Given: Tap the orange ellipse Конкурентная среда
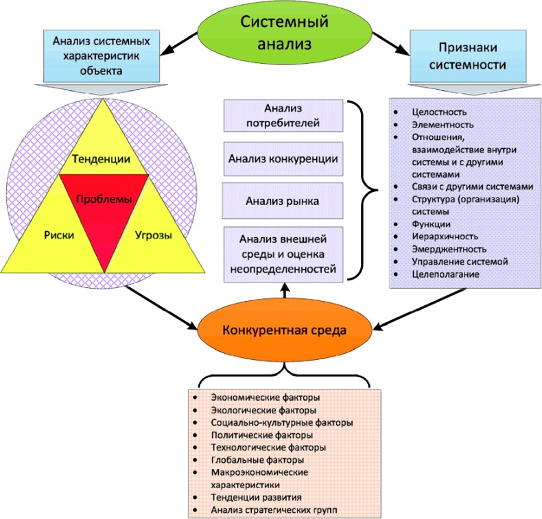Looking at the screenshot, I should pyautogui.click(x=284, y=330).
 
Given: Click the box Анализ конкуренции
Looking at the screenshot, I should pyautogui.click(x=283, y=158).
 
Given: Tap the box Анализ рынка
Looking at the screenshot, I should pyautogui.click(x=283, y=202).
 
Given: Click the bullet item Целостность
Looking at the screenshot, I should pyautogui.click(x=440, y=112).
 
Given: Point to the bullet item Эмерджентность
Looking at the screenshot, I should pyautogui.click(x=449, y=249).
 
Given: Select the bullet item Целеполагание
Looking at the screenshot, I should pyautogui.click(x=446, y=274).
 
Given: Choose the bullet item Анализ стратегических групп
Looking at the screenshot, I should pyautogui.click(x=274, y=510).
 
